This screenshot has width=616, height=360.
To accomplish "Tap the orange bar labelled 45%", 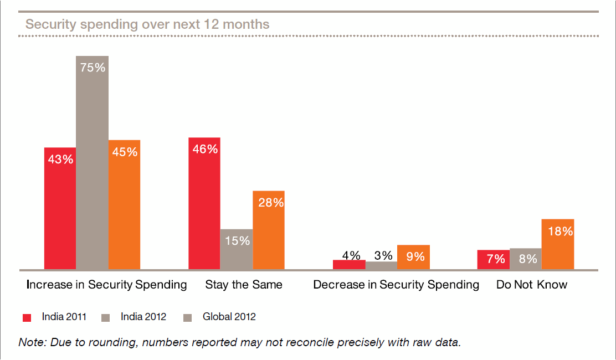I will [125, 204].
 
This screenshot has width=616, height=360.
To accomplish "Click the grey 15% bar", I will [237, 249].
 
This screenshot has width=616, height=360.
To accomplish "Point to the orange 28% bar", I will [269, 230].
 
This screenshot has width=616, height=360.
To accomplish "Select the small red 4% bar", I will [349, 264].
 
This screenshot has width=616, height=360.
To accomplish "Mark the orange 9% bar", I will [413, 257].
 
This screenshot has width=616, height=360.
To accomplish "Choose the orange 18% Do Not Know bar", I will [558, 244].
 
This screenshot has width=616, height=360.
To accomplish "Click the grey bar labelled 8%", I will [526, 259].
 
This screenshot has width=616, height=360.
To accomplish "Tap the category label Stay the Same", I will [244, 285].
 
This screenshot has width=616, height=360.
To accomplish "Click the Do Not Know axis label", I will [532, 285].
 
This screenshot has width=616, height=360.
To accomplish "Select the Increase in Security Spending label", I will [107, 285].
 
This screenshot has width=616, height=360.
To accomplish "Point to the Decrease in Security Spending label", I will [396, 285].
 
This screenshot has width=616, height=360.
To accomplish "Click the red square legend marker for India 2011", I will [27, 317].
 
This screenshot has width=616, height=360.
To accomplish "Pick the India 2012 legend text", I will [143, 317].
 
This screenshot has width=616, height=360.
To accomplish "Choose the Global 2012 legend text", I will [229, 317].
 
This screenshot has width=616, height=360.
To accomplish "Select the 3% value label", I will [383, 255].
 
